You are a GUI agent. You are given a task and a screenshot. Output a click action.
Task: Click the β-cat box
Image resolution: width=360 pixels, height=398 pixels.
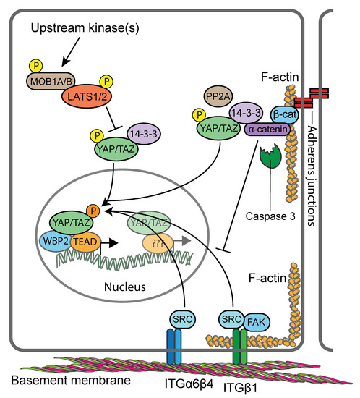tap(285, 114)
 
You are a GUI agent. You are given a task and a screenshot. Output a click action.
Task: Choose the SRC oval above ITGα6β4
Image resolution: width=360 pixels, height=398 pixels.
tap(177, 319)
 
